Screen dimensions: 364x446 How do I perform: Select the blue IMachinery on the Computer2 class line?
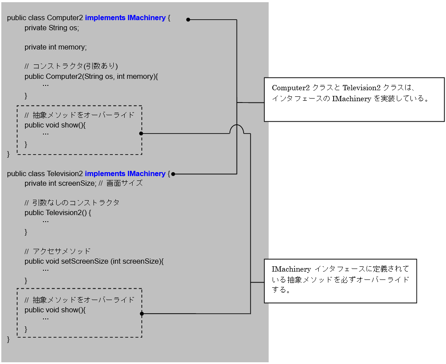(x=147, y=18)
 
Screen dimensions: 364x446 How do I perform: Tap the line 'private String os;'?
(x=52, y=28)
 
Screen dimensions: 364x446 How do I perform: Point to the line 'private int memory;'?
(x=56, y=47)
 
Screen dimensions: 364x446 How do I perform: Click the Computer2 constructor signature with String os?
(x=91, y=76)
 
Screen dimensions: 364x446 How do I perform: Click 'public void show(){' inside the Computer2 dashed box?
(x=55, y=125)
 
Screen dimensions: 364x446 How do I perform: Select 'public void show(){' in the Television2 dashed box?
(x=55, y=310)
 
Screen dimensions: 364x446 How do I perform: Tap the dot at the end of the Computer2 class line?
(x=188, y=20)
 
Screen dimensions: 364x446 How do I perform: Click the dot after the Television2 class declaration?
(x=173, y=174)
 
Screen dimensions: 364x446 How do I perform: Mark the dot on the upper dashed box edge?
(x=141, y=133)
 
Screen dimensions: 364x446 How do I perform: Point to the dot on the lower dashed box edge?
(x=141, y=314)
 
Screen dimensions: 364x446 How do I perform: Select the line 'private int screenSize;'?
(x=60, y=184)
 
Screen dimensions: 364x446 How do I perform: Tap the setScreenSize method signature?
(x=94, y=262)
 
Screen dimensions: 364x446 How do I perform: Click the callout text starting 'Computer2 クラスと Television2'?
(x=350, y=93)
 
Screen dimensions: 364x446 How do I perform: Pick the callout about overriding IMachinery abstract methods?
(x=340, y=279)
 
